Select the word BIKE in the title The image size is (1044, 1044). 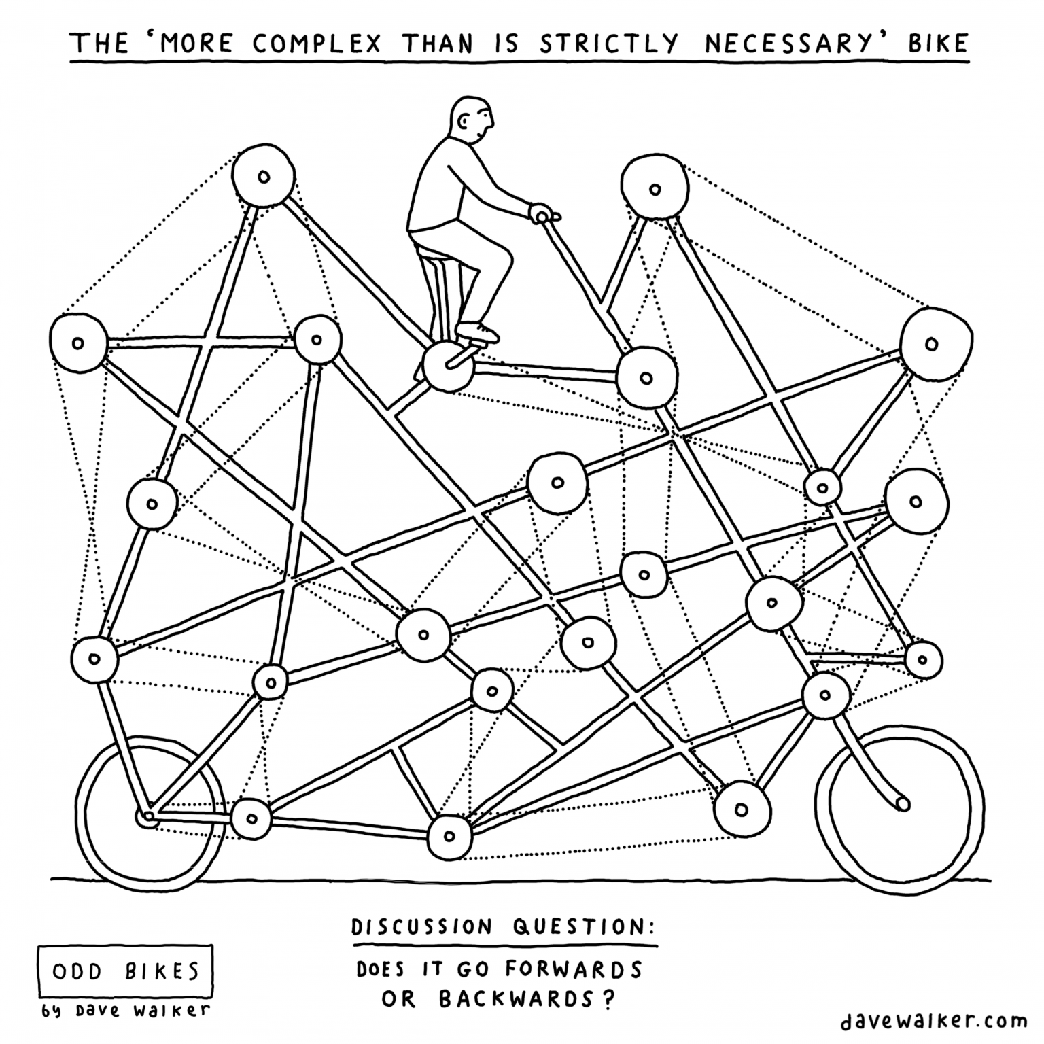[938, 43]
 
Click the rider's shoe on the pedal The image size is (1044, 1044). [477, 332]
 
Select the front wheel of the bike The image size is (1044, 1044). [899, 809]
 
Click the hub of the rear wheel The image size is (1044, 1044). [147, 816]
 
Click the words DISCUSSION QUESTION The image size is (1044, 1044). [504, 926]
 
